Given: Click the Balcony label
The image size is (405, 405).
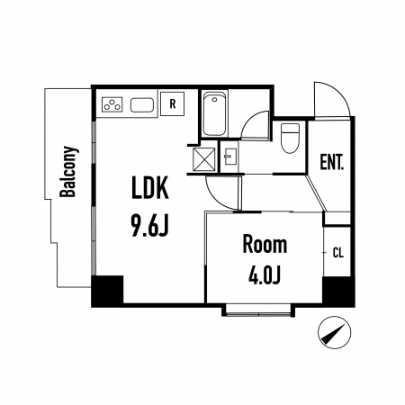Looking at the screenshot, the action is pos(69,172).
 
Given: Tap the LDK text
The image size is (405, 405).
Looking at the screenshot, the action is pos(150,187).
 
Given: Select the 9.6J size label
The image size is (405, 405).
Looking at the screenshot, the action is pos(150,226).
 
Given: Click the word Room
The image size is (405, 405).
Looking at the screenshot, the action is pos(265,245).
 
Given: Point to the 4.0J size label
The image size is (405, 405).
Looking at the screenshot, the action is pos(265,275).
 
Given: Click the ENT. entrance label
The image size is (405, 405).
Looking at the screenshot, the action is pos(331,162).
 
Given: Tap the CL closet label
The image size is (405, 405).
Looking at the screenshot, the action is pos(338,253).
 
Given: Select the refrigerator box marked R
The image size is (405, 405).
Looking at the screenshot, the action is pos(172,103).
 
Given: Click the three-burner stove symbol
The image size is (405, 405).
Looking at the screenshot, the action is pos(112,104).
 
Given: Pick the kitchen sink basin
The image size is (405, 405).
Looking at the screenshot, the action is pos(142,105).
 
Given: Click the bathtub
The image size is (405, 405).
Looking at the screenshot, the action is pos(214,114).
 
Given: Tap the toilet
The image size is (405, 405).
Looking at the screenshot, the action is pos(290,138).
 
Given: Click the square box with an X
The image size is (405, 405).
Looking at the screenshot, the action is pos(204,159).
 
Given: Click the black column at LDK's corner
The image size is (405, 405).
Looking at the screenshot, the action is pos(107,291).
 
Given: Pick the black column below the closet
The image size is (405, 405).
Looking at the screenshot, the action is pos(338,292).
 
